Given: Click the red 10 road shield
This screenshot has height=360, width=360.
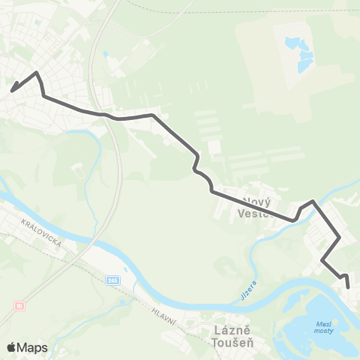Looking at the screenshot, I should coord(19,306).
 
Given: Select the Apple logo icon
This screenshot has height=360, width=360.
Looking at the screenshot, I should coord(11,347).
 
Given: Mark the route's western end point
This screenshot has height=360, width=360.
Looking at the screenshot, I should coord(11,91).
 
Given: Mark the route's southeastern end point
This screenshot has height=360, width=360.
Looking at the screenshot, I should coord(348,286).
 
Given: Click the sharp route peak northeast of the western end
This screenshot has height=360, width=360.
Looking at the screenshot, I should coord(37,73).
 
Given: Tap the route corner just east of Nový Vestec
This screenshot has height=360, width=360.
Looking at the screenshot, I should coord(312,201).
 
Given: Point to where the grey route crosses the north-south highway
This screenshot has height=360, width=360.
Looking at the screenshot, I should coord(110,116).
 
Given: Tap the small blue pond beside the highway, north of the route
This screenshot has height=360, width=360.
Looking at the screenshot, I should coord(106,54).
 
